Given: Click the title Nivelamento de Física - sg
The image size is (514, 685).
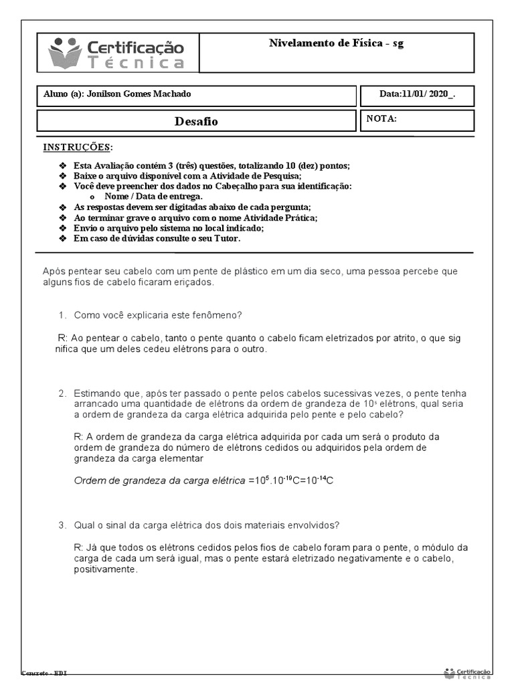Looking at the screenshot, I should click(336, 43).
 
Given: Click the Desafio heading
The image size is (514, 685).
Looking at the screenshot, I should click(196, 121).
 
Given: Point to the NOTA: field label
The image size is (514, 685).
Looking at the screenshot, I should click(381, 118).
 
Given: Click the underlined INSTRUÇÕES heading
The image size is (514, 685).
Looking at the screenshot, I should click(78, 147).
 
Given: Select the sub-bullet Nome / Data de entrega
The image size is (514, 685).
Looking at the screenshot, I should click(153, 197).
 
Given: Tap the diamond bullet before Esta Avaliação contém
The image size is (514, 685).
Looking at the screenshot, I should click(63, 166).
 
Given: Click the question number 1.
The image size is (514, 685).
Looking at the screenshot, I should click(62, 314).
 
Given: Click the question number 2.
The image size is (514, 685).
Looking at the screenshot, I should click(62, 393).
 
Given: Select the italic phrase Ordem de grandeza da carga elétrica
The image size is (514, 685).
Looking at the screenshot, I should click(159, 480).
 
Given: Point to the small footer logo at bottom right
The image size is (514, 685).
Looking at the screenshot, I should click(467, 672).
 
